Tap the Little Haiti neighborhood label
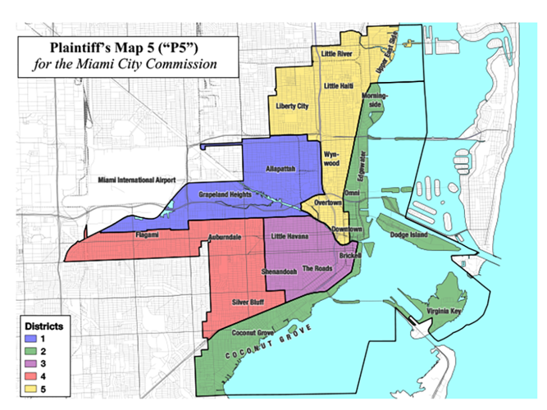(x=341, y=86)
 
